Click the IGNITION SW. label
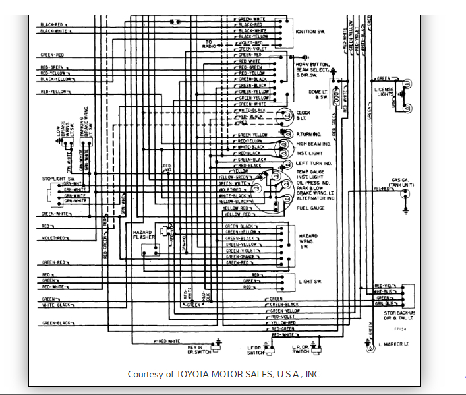[311, 32]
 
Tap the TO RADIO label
[208, 44]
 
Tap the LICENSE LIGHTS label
[384, 92]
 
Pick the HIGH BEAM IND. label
[314, 144]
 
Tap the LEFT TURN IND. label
[314, 163]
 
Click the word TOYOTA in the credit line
[194, 374]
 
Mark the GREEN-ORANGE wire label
[241, 257]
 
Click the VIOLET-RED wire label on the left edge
[55, 237]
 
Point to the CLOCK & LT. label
[303, 115]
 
